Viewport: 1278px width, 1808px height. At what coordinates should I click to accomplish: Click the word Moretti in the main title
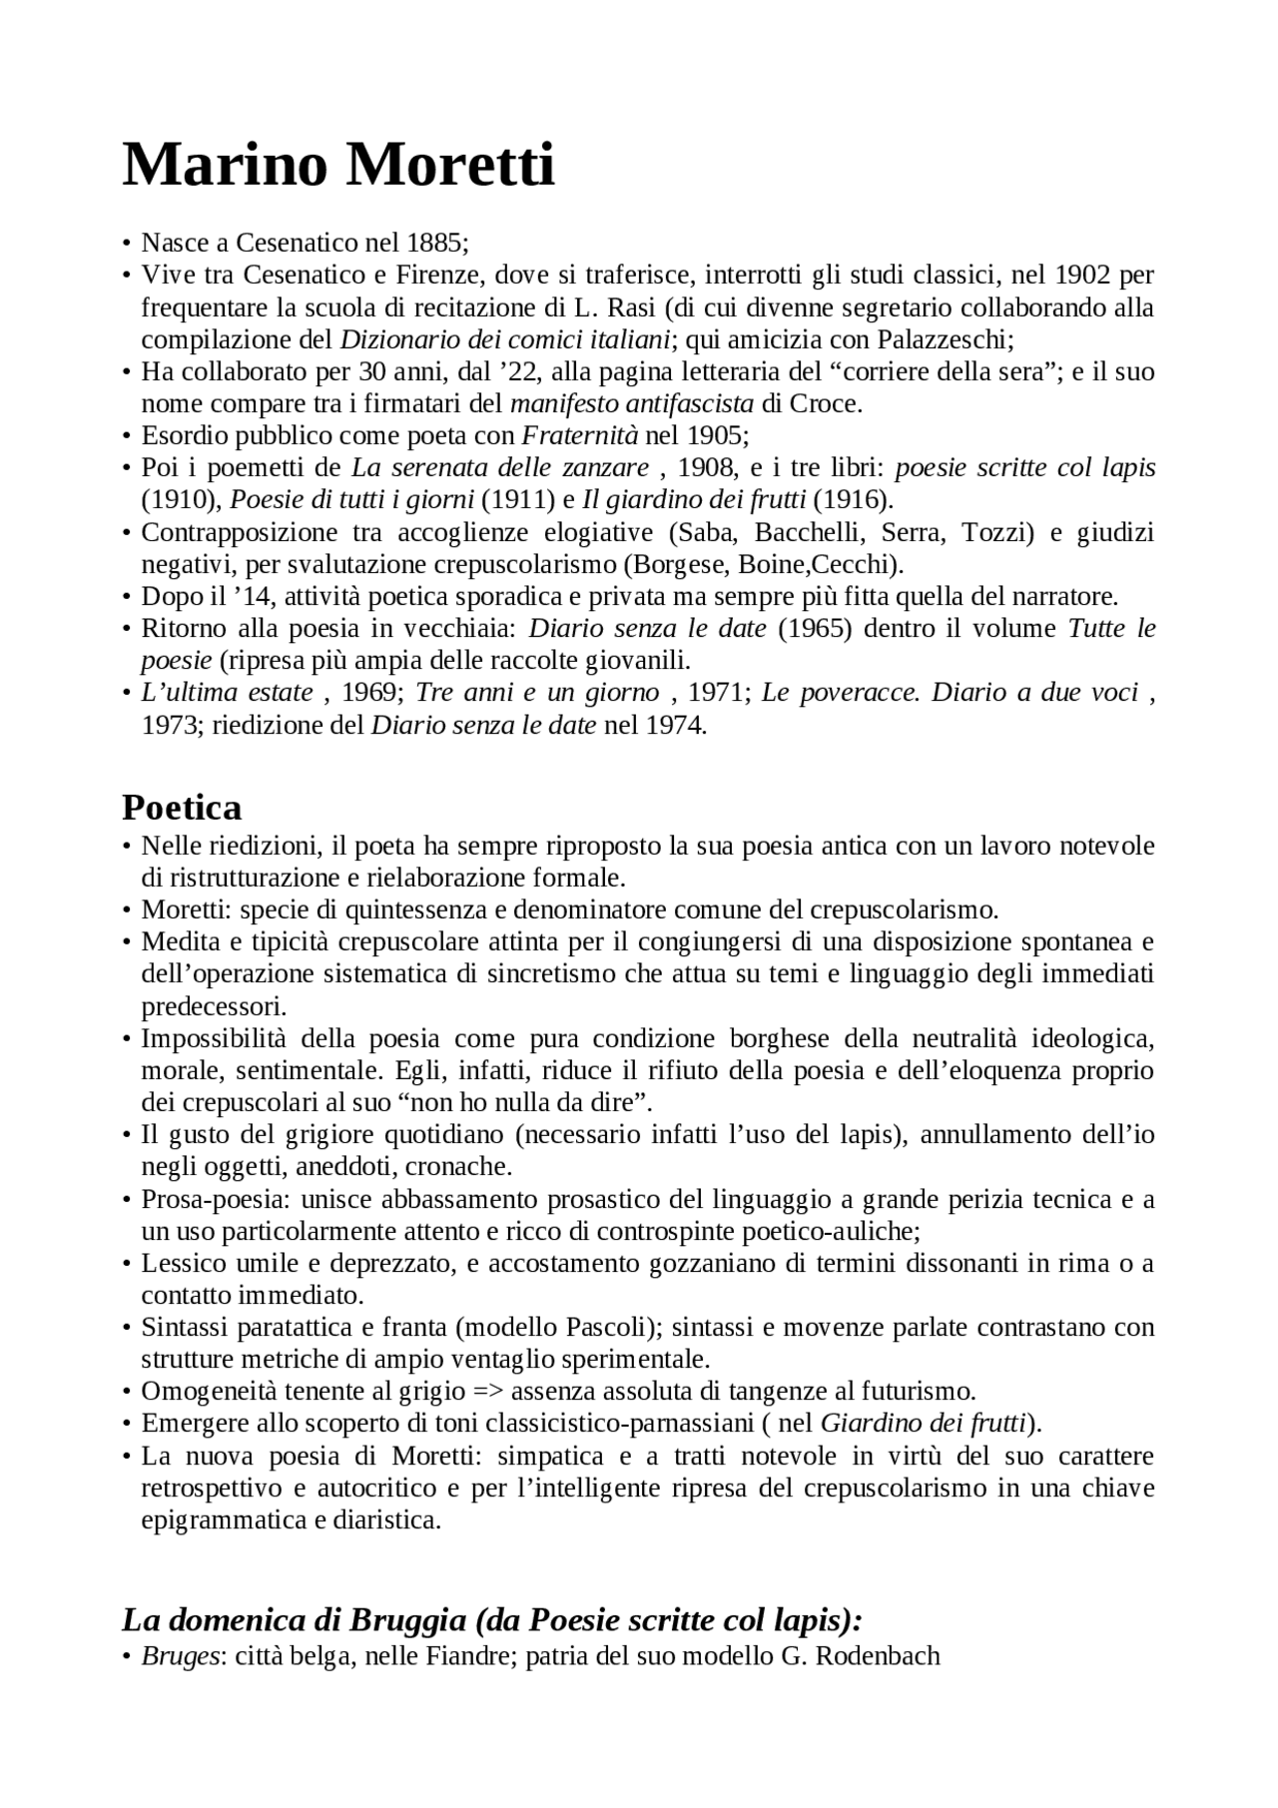coord(449,165)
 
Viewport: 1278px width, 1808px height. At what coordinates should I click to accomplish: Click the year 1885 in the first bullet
coord(434,243)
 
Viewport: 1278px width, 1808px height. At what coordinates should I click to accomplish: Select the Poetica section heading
coord(182,806)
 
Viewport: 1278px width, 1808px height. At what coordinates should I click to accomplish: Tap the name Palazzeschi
coord(944,339)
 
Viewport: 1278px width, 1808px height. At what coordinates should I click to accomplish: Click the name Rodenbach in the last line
coord(878,1656)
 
